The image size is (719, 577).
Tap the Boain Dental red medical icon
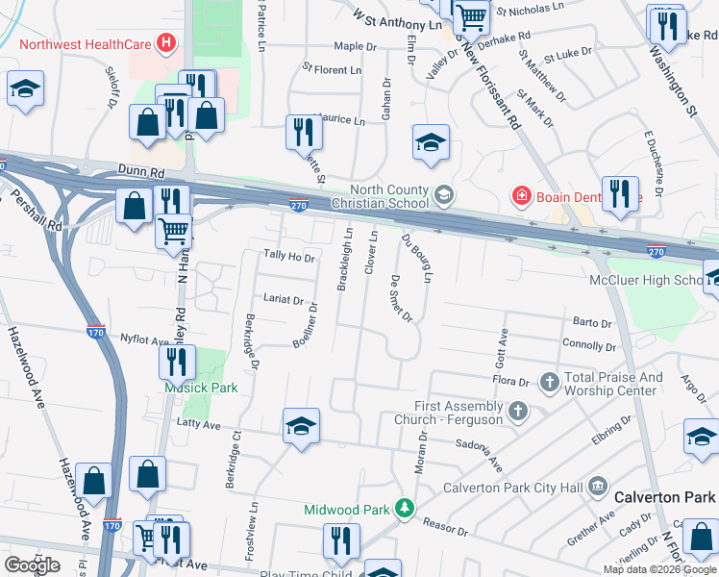point(522,196)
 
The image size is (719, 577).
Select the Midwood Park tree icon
point(407,509)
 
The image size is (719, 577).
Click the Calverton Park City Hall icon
point(598,487)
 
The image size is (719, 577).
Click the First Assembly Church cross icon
point(518,413)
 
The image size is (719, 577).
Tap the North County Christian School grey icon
point(443,195)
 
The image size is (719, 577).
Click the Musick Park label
point(186,389)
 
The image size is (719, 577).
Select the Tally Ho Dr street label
point(288,257)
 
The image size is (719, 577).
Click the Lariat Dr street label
point(284,301)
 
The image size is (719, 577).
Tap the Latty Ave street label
point(199,424)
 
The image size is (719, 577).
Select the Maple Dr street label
point(355,46)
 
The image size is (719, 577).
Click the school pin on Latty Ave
point(301,426)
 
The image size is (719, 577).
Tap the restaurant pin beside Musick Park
point(177,362)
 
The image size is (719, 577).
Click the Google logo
point(32,565)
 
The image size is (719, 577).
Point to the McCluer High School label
point(648,280)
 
